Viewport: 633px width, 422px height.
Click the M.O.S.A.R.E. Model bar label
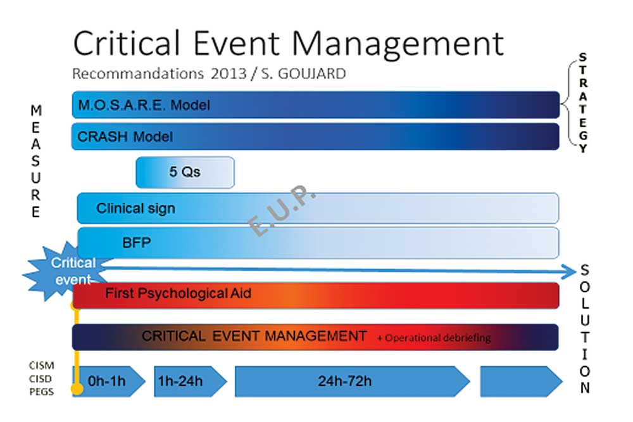[x=144, y=105]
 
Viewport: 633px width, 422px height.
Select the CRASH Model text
[x=125, y=137]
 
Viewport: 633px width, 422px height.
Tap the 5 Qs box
[x=185, y=172]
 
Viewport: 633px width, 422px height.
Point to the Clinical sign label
[x=135, y=208]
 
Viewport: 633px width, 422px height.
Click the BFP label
[x=137, y=243]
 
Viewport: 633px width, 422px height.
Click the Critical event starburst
[x=65, y=271]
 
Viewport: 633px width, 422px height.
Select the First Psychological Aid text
[x=178, y=293]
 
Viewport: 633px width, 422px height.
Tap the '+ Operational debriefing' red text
[x=434, y=338]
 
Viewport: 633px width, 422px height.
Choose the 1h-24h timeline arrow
[x=190, y=381]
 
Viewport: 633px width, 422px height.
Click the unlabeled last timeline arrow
[x=521, y=381]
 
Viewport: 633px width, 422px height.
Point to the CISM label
[x=42, y=366]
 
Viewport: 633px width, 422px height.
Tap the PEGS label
[x=42, y=392]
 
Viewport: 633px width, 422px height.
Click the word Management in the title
[x=398, y=44]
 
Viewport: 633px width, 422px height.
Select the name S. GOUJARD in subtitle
[x=303, y=74]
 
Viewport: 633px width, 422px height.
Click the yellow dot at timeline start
[x=77, y=389]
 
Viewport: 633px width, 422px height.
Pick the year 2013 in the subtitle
[x=229, y=74]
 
